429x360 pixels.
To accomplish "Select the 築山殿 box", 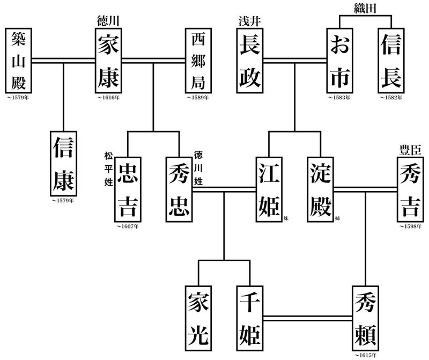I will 21,60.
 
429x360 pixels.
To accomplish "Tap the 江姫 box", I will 269,188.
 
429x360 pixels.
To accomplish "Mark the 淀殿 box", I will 321,188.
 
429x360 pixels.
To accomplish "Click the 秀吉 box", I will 410,188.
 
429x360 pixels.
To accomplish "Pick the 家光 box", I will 199,319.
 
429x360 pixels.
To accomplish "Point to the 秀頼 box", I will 367,319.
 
